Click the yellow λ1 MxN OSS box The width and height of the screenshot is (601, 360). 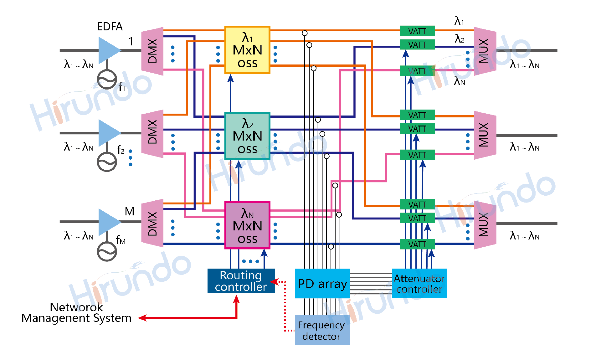click(x=247, y=50)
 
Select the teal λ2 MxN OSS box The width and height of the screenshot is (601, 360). click(x=247, y=136)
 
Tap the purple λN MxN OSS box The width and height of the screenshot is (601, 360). click(x=247, y=226)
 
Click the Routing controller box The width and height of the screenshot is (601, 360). click(x=241, y=281)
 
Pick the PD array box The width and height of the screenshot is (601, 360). click(x=322, y=284)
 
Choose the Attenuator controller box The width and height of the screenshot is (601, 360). click(x=419, y=284)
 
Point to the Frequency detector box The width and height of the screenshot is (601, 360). click(x=322, y=330)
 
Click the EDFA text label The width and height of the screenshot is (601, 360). click(x=110, y=27)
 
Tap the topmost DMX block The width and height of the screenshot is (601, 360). click(x=152, y=51)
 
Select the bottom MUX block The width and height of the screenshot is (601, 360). click(x=485, y=225)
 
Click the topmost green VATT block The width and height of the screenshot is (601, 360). click(x=417, y=31)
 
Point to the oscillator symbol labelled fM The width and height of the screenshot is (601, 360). click(x=107, y=251)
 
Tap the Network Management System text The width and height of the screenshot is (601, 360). click(x=76, y=312)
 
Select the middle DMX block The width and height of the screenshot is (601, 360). click(x=152, y=134)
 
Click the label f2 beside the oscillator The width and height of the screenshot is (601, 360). click(x=121, y=150)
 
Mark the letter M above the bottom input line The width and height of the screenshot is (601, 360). click(x=129, y=212)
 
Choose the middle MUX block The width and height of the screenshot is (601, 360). click(x=485, y=135)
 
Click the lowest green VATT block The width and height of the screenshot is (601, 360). click(x=417, y=244)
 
